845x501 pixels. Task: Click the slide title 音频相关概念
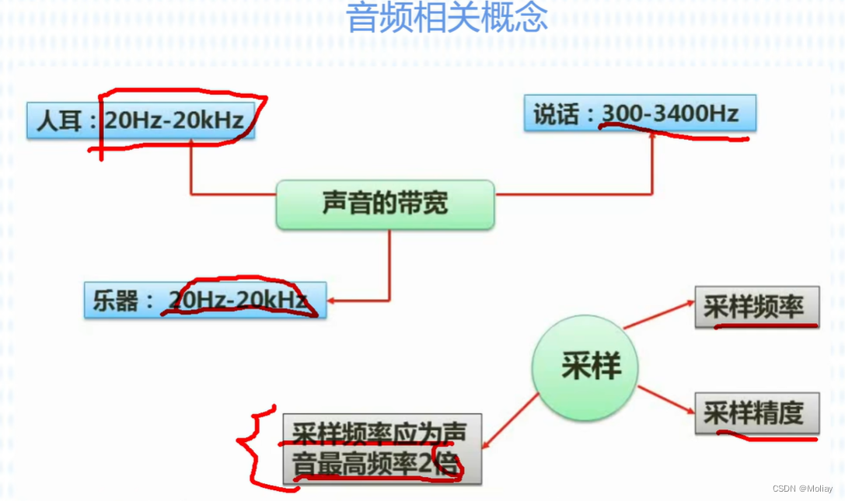(446, 17)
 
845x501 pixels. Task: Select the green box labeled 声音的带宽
(385, 204)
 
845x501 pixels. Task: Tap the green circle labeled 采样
(585, 367)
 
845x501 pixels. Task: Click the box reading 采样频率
(756, 307)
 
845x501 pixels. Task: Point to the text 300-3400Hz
(670, 114)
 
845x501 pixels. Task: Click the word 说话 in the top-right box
(556, 115)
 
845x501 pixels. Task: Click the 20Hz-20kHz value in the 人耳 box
(174, 120)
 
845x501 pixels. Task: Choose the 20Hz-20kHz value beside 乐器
(238, 300)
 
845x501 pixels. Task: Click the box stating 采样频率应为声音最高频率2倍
(382, 449)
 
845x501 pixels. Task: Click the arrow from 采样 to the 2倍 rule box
(509, 420)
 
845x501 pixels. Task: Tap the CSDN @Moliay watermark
(802, 489)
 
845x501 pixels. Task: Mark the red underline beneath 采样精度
(766, 437)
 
